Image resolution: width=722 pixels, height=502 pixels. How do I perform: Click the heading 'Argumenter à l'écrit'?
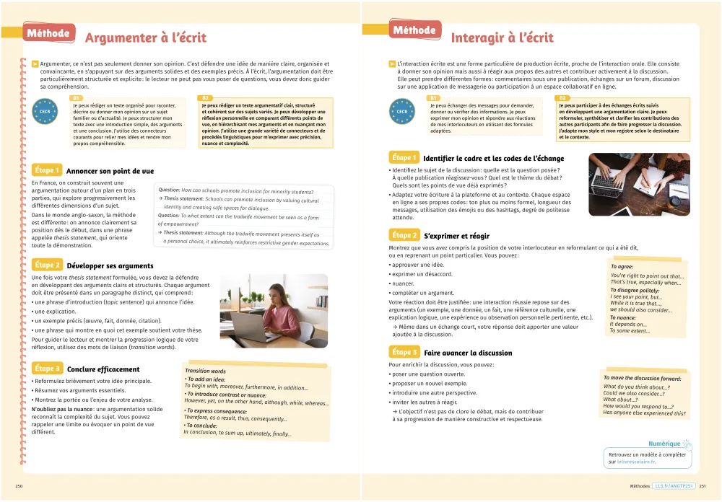pyautogui.click(x=145, y=38)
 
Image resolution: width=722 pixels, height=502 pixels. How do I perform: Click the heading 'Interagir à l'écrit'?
pyautogui.click(x=502, y=38)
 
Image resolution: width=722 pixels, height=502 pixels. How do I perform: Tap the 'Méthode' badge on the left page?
pyautogui.click(x=48, y=33)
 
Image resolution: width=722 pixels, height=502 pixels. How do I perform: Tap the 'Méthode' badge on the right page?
pyautogui.click(x=414, y=30)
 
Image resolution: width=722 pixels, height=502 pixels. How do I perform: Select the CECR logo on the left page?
pyautogui.click(x=45, y=112)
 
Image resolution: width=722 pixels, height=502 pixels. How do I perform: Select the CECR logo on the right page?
pyautogui.click(x=403, y=112)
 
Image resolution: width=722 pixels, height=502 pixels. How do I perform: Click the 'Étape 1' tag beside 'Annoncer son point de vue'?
pyautogui.click(x=45, y=170)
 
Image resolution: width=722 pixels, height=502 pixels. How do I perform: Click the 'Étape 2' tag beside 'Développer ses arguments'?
pyautogui.click(x=47, y=265)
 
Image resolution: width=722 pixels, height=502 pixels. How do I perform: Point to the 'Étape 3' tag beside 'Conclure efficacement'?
pyautogui.click(x=47, y=369)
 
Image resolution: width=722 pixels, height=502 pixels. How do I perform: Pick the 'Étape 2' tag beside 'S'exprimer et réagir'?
pyautogui.click(x=404, y=235)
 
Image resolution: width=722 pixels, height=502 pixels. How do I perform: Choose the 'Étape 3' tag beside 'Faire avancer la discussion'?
pyautogui.click(x=404, y=352)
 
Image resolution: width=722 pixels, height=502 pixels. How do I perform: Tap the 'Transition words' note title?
pyautogui.click(x=205, y=371)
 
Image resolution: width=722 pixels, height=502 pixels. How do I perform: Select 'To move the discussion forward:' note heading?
pyautogui.click(x=642, y=379)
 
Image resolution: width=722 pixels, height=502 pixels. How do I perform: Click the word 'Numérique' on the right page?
pyautogui.click(x=664, y=444)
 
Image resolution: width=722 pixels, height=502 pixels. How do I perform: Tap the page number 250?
pyautogui.click(x=19, y=486)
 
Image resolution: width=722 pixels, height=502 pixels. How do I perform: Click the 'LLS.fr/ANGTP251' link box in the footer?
pyautogui.click(x=673, y=486)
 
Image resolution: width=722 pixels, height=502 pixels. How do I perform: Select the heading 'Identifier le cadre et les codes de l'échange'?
pyautogui.click(x=493, y=159)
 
